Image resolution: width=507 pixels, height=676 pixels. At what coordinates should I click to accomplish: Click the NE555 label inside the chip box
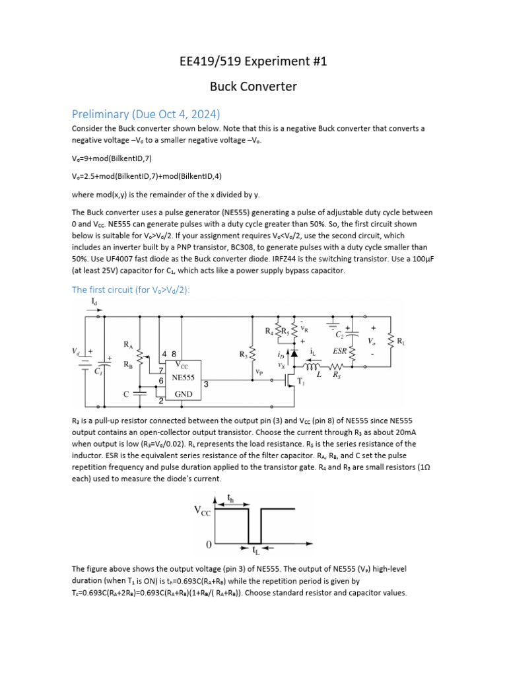pos(183,378)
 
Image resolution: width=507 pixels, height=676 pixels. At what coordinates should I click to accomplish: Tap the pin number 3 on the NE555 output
pos(207,384)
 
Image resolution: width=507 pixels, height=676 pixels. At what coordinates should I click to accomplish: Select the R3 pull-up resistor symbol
pos(252,354)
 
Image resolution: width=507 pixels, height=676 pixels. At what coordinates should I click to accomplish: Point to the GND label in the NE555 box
pos(183,394)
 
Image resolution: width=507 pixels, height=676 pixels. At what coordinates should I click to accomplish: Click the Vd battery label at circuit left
pos(77,352)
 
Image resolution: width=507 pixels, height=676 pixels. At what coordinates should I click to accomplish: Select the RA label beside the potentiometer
pos(129,344)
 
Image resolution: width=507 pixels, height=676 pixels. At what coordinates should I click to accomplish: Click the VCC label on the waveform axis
pos(202,510)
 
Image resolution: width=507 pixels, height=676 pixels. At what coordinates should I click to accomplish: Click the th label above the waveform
pos(230,498)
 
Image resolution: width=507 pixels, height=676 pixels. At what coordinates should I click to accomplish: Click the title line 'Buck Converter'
pos(253,86)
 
